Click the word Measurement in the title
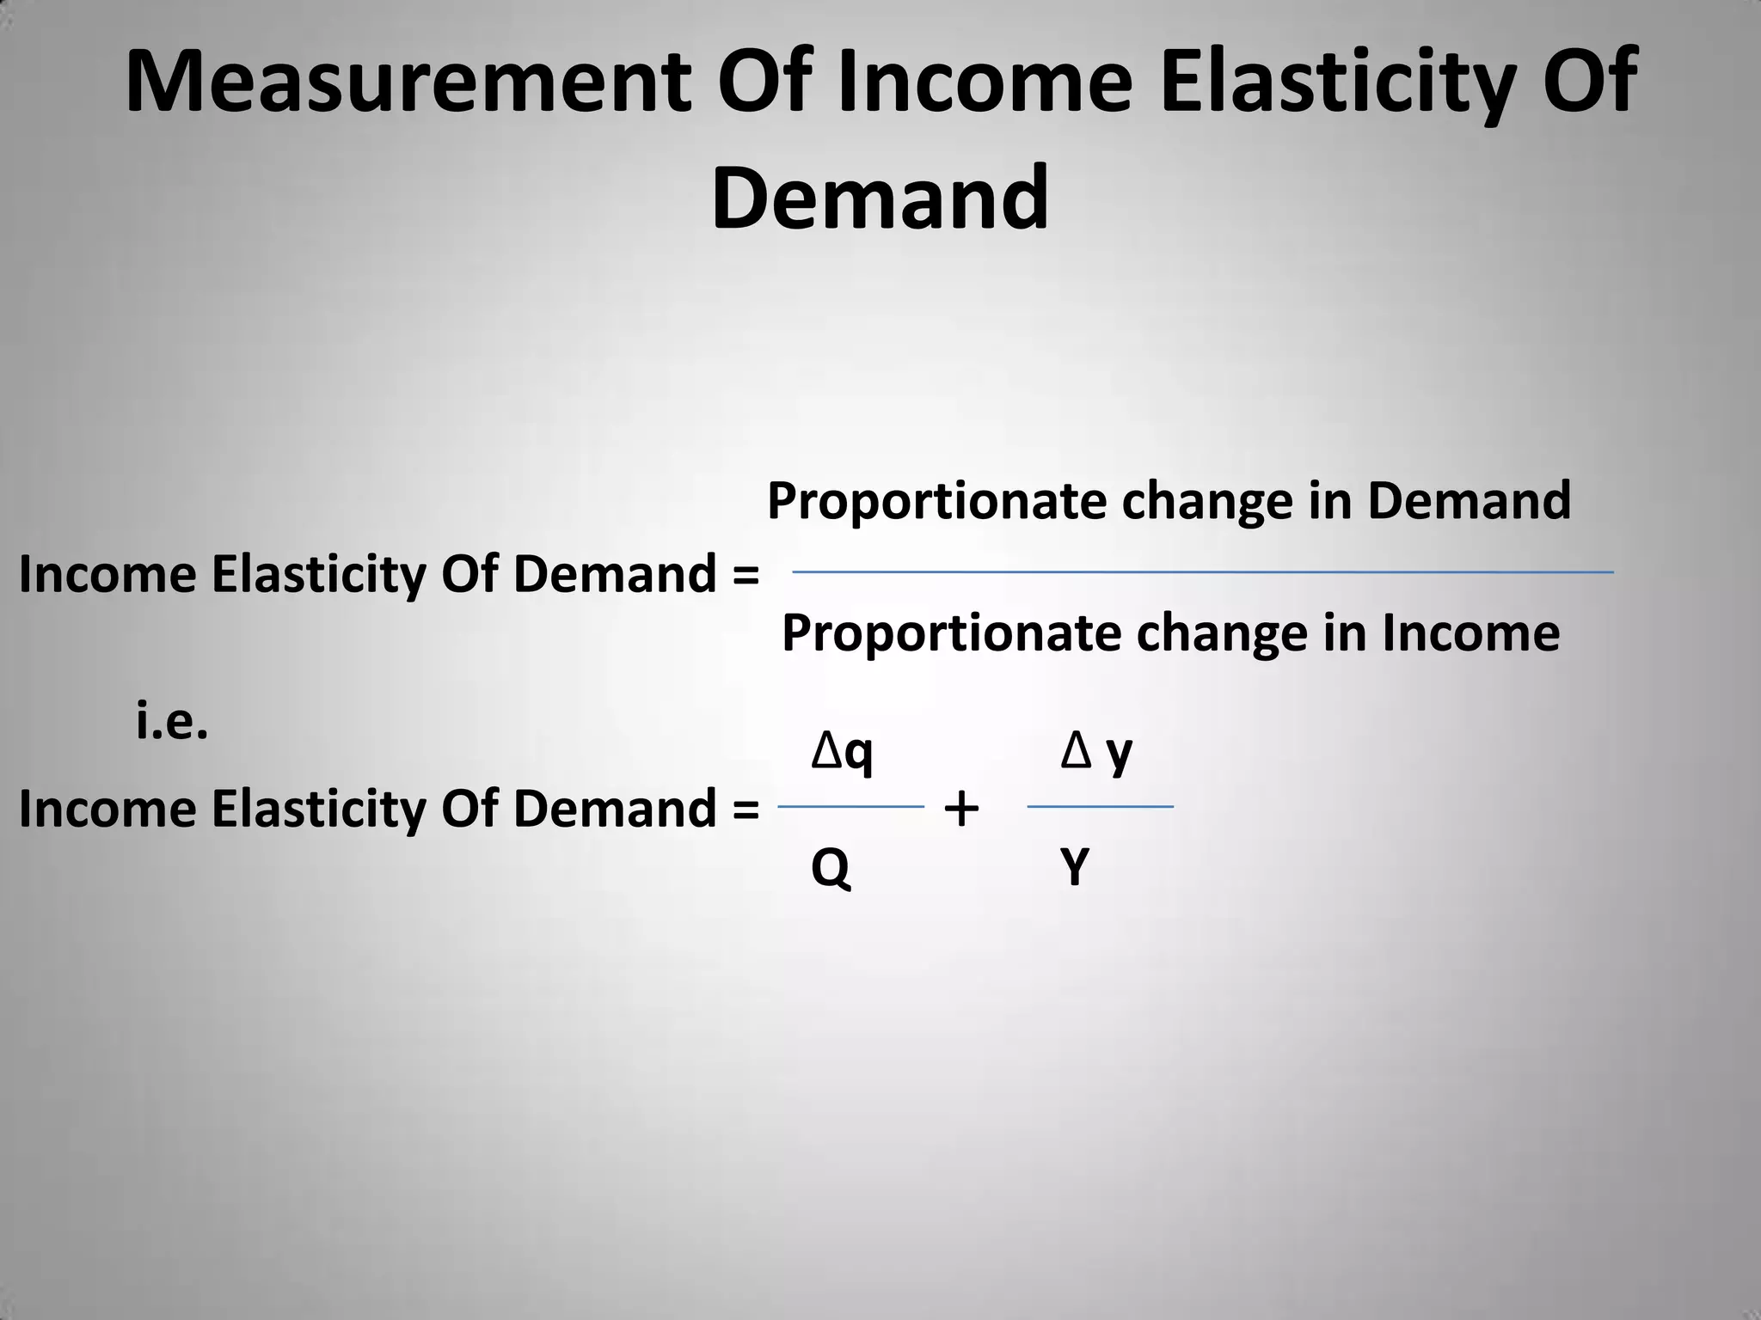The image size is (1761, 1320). pyautogui.click(x=408, y=82)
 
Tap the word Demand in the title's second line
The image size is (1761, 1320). pyautogui.click(x=880, y=199)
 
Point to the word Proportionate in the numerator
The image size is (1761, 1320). pyautogui.click(x=936, y=502)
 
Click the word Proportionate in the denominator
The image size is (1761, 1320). pyautogui.click(x=951, y=634)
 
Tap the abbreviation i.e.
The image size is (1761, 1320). pyautogui.click(x=172, y=723)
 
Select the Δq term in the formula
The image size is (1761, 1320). pyautogui.click(x=842, y=753)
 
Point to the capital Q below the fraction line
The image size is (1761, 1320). pyautogui.click(x=831, y=868)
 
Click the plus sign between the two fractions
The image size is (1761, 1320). pyautogui.click(x=961, y=809)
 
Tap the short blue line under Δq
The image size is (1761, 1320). pyautogui.click(x=850, y=807)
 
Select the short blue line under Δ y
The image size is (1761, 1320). pyautogui.click(x=1100, y=807)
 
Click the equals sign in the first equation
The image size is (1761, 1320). pyautogui.click(x=746, y=575)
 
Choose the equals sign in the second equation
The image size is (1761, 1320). pyautogui.click(x=746, y=810)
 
